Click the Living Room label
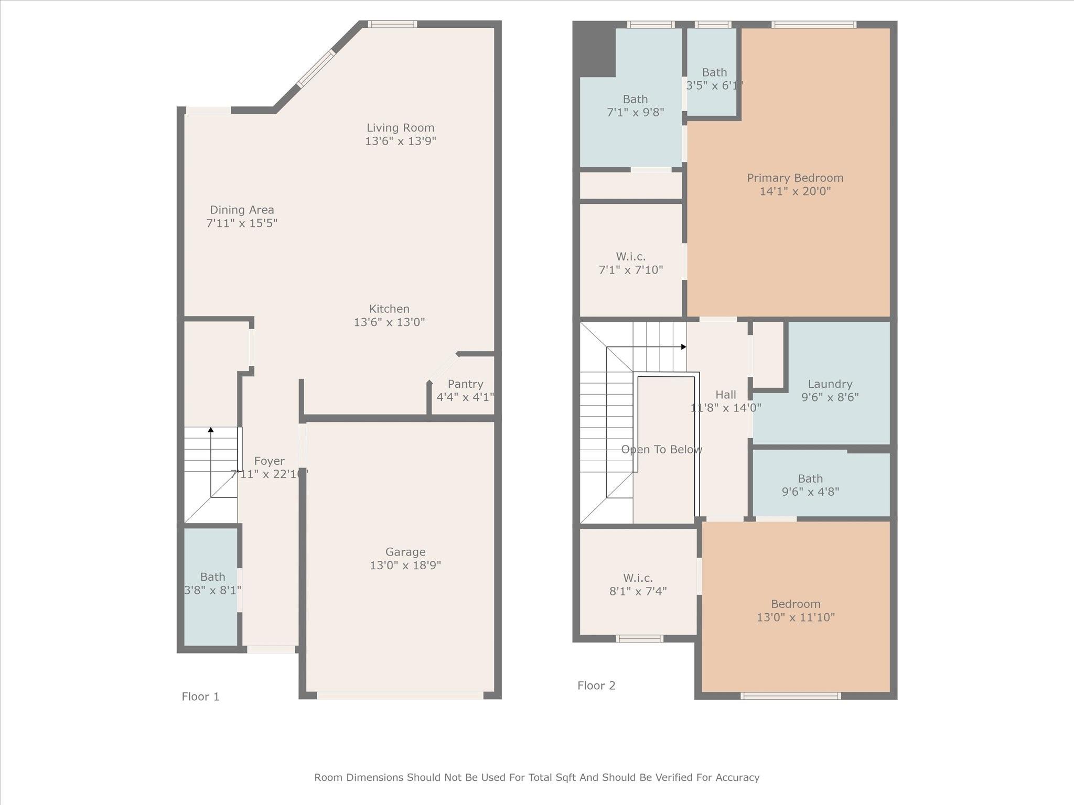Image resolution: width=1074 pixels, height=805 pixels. coord(400,128)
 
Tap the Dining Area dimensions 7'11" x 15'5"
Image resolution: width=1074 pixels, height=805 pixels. coord(242,223)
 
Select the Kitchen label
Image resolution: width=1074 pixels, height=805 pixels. coord(389,309)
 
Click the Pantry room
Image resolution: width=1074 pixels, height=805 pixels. coord(465,390)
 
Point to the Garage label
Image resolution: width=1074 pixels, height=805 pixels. coord(405,552)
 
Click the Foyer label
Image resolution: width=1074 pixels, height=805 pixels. coord(269,461)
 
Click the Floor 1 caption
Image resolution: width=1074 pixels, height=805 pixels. coord(200,697)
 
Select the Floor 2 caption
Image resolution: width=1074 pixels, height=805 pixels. coord(596,686)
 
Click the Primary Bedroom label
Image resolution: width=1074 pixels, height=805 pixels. coord(795,178)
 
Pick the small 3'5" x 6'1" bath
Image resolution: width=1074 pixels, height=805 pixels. coord(714,79)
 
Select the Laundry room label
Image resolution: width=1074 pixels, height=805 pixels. coord(830,384)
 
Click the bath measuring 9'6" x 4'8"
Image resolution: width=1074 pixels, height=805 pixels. coord(810,485)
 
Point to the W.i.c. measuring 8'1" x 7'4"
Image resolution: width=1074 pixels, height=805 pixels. coord(638,584)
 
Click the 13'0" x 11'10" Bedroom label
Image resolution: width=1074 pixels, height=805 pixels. coord(796,604)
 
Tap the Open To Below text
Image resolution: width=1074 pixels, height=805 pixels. coord(661,450)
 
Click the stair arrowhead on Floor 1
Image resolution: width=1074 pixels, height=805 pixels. coord(211,430)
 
